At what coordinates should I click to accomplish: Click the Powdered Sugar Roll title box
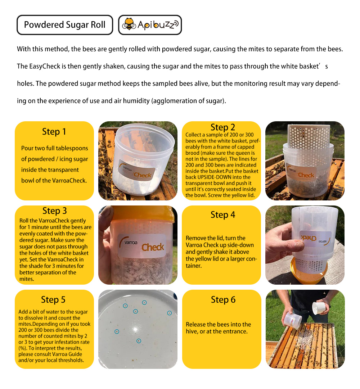65,25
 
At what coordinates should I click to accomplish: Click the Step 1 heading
54,132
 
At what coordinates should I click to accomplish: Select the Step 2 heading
222,127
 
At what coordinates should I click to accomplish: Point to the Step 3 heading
54,211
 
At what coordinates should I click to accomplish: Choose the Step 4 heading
222,215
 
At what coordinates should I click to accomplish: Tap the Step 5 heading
53,299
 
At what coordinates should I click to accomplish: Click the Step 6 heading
223,300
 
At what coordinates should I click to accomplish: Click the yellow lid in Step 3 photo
144,213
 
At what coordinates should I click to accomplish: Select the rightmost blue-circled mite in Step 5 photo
169,313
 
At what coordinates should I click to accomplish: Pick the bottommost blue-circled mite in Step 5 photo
139,341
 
